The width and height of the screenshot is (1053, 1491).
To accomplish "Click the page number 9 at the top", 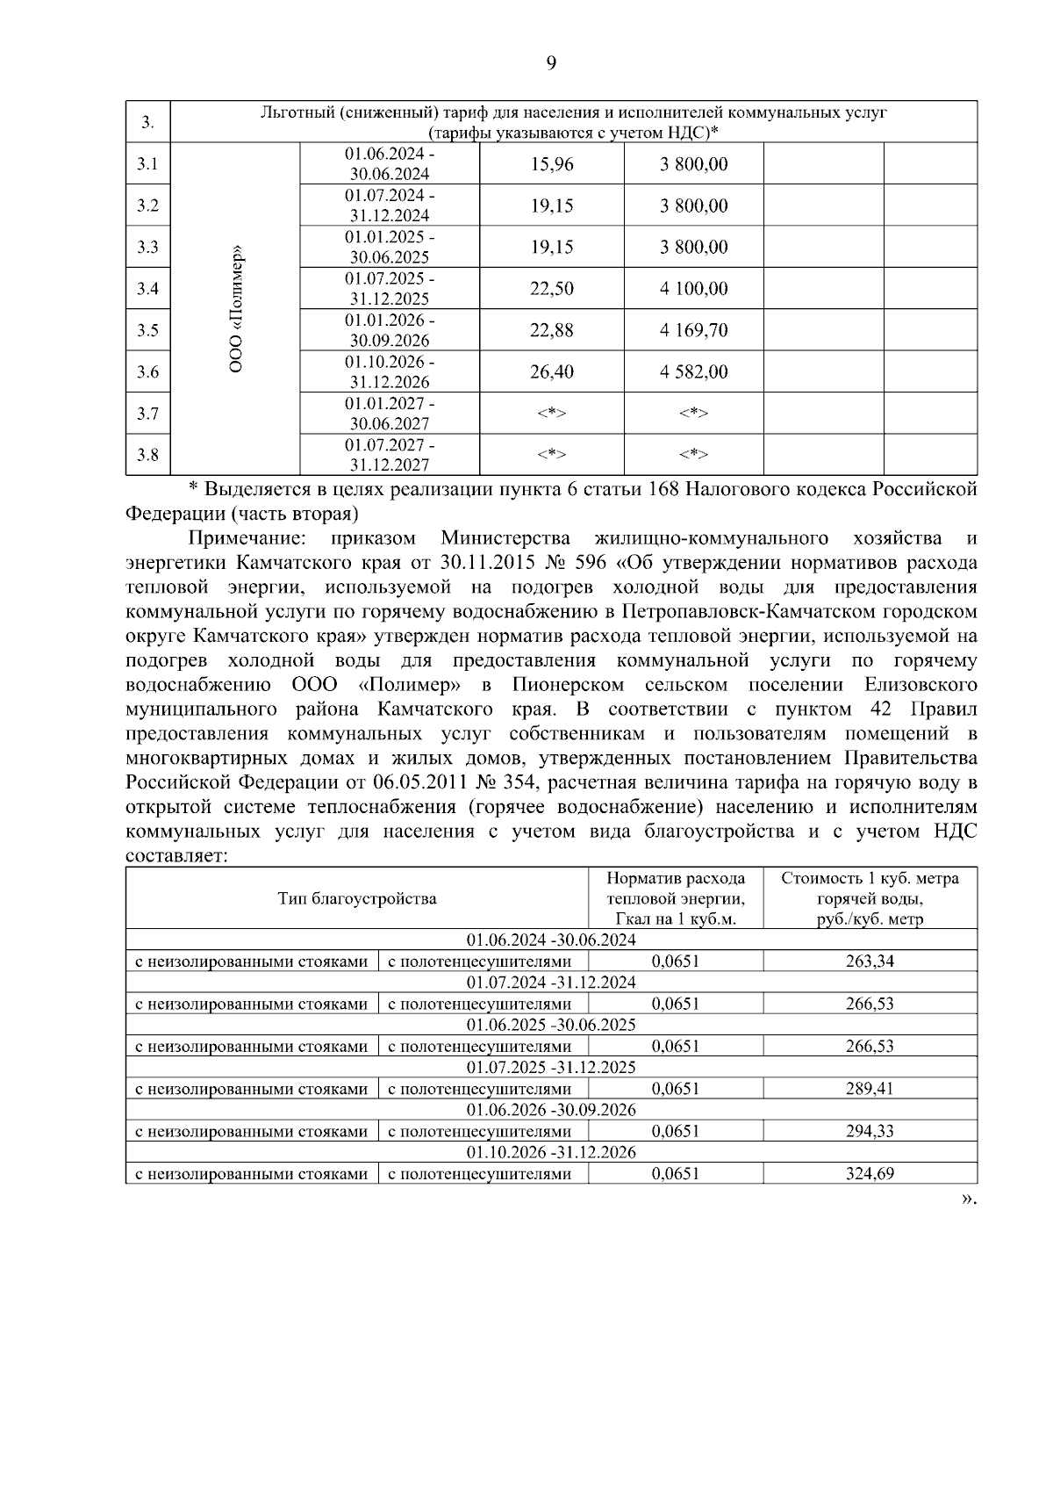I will coord(551,62).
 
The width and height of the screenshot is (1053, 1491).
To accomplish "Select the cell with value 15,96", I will coord(551,164).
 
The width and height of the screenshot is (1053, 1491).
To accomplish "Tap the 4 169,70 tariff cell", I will coord(693,330).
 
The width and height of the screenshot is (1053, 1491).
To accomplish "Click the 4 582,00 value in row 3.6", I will coord(693,371).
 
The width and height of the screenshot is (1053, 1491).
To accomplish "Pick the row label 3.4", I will coord(147,289).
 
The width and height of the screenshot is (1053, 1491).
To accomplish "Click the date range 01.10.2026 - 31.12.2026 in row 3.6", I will coord(390,371).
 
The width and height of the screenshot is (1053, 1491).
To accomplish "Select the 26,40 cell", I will coord(551,371).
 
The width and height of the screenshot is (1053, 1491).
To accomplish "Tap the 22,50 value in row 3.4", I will coord(551,289).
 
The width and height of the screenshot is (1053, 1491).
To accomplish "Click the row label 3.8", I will coord(147,455).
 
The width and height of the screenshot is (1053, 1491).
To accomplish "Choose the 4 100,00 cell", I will coord(693,289).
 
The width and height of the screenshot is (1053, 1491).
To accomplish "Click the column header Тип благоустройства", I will coord(356,898).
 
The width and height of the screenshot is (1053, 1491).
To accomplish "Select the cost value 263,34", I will coord(870,961).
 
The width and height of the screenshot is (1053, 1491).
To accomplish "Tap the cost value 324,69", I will coord(870,1173).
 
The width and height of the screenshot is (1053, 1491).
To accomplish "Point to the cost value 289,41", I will coord(870,1089).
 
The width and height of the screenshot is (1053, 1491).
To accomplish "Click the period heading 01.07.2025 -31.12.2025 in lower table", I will coord(551,1067).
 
